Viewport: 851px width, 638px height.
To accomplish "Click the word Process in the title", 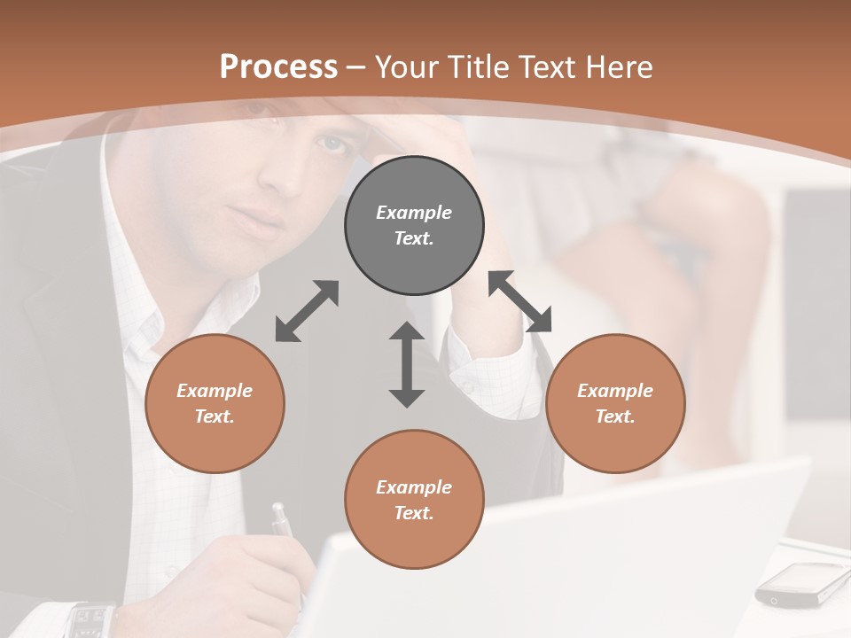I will [x=278, y=67].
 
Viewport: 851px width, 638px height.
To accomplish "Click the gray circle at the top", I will [x=414, y=226].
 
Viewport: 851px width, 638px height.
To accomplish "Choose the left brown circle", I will [x=215, y=404].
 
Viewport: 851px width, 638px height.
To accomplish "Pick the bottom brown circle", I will [x=414, y=500].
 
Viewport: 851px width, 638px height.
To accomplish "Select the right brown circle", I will [x=615, y=404].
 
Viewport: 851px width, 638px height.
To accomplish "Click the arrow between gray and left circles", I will [x=307, y=311].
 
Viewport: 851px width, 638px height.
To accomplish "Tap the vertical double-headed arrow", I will [x=407, y=364].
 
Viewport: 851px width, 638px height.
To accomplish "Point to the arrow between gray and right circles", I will [x=520, y=301].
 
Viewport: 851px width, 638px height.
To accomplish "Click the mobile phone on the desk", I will [x=803, y=584].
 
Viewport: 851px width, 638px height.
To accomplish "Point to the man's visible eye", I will [x=331, y=143].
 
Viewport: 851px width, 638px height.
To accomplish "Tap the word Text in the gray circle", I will [x=413, y=238].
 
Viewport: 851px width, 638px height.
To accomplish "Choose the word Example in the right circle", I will [x=615, y=391].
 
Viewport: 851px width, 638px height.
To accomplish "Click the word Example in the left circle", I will [x=215, y=391].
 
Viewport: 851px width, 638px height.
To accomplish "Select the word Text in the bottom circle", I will [x=413, y=513].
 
